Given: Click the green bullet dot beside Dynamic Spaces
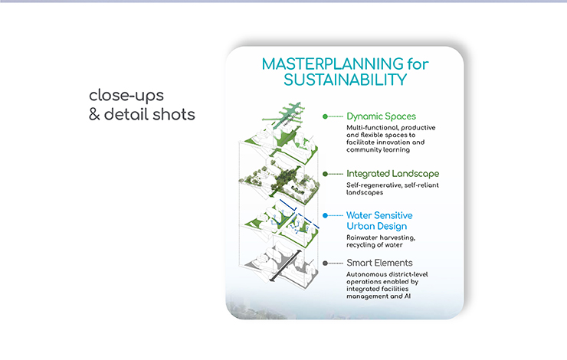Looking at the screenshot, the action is (325, 116).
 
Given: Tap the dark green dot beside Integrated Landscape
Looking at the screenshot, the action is (325, 174).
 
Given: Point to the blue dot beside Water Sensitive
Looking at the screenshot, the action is (325, 216).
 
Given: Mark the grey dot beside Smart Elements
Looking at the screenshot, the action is (325, 263).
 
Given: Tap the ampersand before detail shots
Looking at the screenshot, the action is (93, 115).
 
